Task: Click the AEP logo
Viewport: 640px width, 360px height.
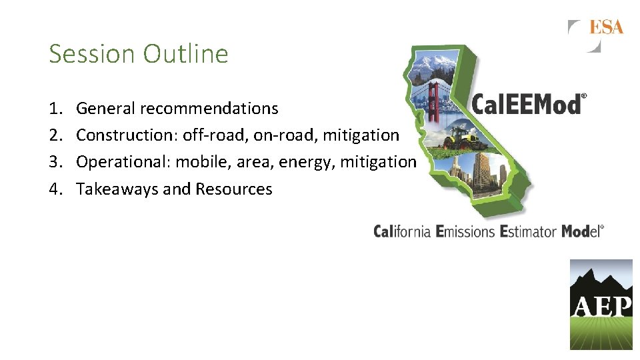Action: [601, 305]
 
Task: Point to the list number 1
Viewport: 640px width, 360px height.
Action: [54, 108]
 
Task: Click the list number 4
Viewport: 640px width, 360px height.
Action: [55, 189]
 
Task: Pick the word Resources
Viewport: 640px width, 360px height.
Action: [234, 189]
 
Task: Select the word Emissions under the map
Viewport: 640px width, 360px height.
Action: [465, 231]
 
